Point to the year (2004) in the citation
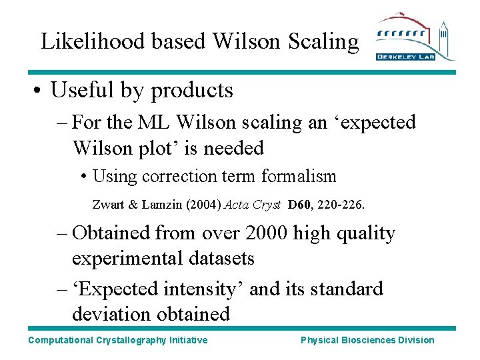pos(205,205)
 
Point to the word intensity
pos(205,289)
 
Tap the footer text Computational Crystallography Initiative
pos(118,341)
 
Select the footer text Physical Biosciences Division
pos(367,341)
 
